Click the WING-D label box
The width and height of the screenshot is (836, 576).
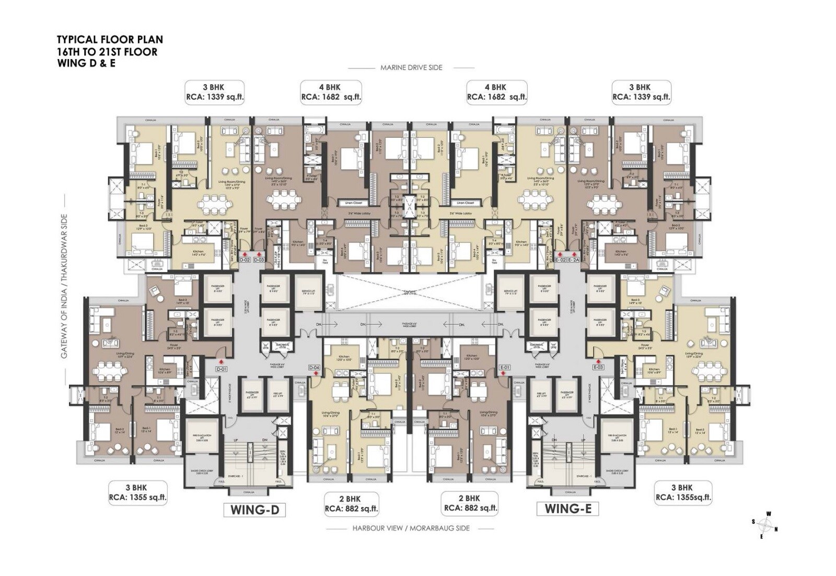click(x=254, y=509)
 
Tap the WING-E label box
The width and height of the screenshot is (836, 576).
click(x=567, y=509)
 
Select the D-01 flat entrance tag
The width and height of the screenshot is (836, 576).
click(x=222, y=369)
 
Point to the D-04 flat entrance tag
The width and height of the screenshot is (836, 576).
click(x=314, y=368)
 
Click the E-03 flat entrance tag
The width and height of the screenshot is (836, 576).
click(x=598, y=367)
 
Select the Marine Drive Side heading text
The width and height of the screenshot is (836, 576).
click(x=411, y=68)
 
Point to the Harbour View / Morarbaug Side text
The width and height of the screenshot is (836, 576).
click(x=411, y=528)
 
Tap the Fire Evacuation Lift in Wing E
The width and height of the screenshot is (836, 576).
click(x=617, y=438)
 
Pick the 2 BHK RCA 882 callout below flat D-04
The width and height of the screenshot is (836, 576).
click(x=351, y=503)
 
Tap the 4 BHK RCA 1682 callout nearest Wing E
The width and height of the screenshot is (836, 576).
click(x=496, y=92)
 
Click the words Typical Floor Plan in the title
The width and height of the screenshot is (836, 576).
click(x=110, y=40)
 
